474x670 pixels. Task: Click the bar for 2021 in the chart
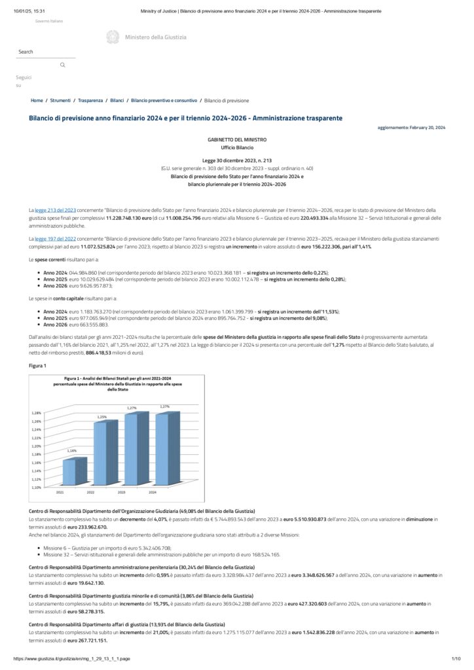click(x=73, y=471)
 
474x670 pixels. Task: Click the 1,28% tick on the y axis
click(x=37, y=413)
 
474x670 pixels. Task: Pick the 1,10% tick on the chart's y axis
click(x=37, y=487)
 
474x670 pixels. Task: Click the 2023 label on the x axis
click(x=122, y=492)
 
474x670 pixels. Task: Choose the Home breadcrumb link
click(x=37, y=101)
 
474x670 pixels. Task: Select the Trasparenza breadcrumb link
click(x=90, y=101)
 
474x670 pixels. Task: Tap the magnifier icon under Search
click(x=63, y=65)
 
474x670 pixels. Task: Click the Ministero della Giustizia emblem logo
click(x=113, y=37)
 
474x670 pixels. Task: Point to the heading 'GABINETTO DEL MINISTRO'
click(x=236, y=139)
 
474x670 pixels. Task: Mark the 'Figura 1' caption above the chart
click(x=37, y=365)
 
